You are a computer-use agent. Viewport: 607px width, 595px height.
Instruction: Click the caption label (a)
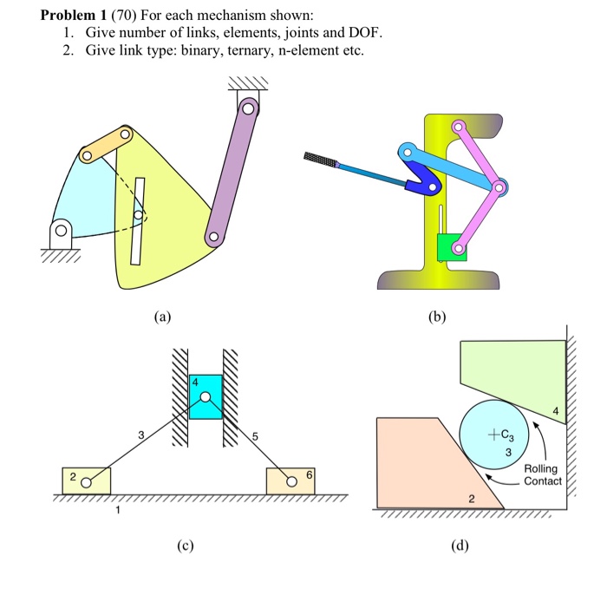(x=161, y=317)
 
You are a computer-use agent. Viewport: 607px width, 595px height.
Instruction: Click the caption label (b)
(x=439, y=317)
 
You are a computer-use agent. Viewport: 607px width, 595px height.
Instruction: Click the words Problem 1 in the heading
(x=73, y=15)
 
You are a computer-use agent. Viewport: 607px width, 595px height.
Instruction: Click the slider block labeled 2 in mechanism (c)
(x=87, y=481)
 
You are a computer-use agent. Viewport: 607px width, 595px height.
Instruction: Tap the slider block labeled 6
(x=295, y=481)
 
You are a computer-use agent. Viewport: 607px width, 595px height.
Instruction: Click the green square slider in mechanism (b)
(x=452, y=246)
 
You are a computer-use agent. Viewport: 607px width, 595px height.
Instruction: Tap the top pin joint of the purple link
(x=249, y=109)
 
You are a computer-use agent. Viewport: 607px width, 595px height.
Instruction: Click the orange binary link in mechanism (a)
(x=107, y=145)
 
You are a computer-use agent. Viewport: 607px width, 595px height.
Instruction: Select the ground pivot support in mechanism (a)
(x=59, y=235)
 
